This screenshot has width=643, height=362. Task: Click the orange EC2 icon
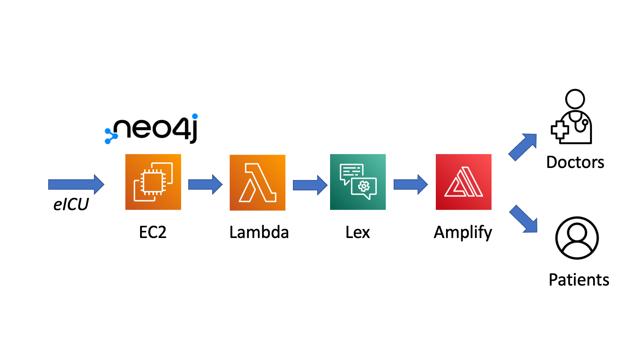coord(153,182)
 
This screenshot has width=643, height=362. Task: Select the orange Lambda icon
coord(258,183)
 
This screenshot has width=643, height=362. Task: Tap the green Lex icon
coord(358,182)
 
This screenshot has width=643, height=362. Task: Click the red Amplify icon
coord(464,182)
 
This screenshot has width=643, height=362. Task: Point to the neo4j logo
coord(151,129)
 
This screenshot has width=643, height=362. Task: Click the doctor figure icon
coord(571,116)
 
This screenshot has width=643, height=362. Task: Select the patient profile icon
coord(577,238)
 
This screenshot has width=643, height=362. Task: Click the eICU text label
coord(71,204)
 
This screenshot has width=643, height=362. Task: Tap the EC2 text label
coord(153,232)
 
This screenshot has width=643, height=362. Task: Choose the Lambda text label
coord(259,232)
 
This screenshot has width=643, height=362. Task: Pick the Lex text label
coord(358,232)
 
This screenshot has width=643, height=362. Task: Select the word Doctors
coord(575,162)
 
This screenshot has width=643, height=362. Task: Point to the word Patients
coord(579,280)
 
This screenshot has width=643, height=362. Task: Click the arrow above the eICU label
coord(76,184)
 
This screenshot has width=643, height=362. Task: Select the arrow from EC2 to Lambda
coord(205,184)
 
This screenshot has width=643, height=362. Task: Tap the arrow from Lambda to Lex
coord(310,185)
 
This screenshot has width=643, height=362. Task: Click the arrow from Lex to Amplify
coord(411,184)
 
